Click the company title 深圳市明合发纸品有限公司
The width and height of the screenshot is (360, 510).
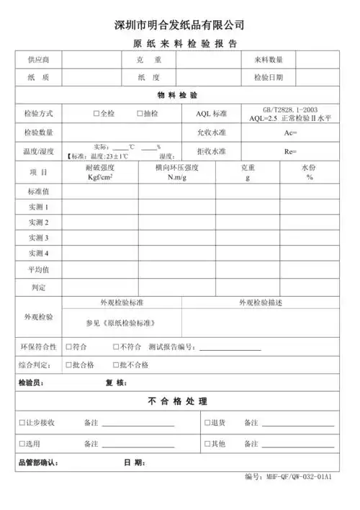click(x=179, y=25)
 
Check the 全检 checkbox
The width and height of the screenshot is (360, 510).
click(x=96, y=114)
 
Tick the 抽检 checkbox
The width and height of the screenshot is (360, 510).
click(x=140, y=114)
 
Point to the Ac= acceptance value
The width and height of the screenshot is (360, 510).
click(x=291, y=133)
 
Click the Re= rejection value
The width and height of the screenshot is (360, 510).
click(x=291, y=152)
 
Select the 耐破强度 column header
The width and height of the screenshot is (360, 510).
click(x=100, y=168)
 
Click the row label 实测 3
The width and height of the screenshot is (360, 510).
click(x=38, y=238)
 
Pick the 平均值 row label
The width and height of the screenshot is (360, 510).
click(x=38, y=270)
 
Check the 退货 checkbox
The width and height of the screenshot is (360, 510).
click(x=207, y=423)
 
